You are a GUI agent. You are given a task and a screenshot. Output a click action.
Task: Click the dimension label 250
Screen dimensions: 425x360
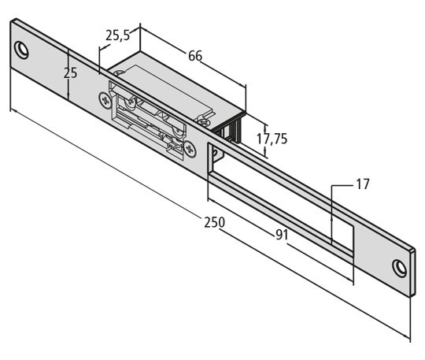(x=214, y=222)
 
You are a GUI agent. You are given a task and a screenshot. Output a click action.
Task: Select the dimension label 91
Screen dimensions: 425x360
(x=282, y=235)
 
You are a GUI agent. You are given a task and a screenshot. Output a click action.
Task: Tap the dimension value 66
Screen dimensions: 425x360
(x=195, y=56)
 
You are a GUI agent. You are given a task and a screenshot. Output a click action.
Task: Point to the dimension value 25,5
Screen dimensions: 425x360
(x=118, y=35)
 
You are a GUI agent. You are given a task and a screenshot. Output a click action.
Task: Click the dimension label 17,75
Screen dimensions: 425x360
(x=272, y=139)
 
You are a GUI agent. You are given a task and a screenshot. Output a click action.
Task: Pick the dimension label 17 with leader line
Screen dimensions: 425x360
(x=362, y=184)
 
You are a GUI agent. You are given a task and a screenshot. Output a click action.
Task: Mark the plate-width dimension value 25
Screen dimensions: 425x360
(x=71, y=73)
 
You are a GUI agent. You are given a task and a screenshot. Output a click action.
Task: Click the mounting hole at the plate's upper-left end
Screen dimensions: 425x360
(x=21, y=50)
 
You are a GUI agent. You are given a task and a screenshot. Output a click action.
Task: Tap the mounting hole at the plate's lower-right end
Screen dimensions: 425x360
(x=400, y=269)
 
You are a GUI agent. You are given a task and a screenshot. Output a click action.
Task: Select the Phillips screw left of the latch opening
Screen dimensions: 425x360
(x=105, y=100)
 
